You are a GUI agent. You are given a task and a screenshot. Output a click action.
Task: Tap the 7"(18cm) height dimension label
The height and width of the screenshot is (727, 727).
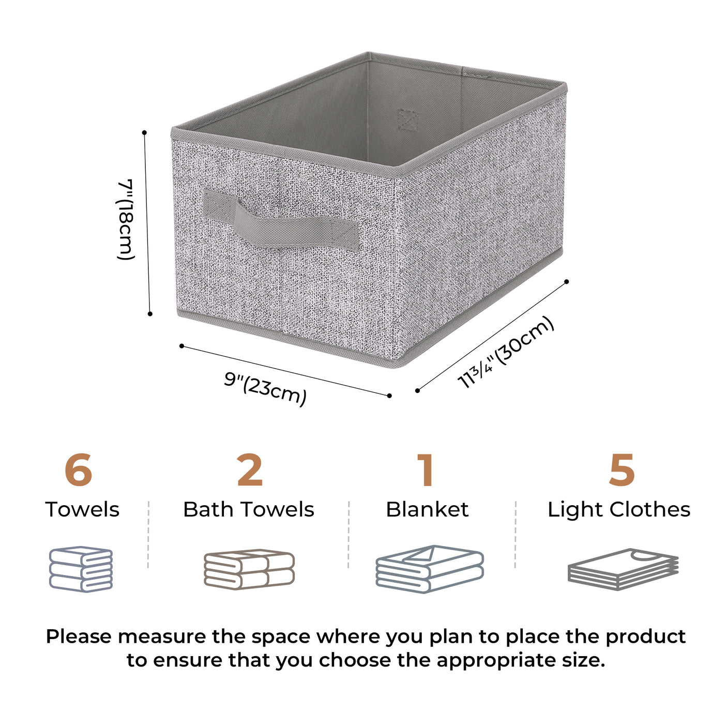(x=126, y=219)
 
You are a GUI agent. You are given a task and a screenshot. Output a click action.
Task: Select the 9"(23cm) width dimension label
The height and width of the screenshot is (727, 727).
(x=265, y=388)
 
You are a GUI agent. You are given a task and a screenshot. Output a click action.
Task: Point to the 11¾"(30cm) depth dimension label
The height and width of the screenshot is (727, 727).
(x=506, y=352)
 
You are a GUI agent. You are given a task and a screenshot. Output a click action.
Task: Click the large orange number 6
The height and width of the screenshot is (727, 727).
(x=79, y=471)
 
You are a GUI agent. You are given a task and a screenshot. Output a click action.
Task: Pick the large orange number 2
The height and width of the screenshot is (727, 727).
(x=250, y=471)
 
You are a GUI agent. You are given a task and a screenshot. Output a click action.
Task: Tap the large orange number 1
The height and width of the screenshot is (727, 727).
(x=426, y=471)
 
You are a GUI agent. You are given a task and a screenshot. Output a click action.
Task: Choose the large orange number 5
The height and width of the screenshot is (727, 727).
(x=621, y=471)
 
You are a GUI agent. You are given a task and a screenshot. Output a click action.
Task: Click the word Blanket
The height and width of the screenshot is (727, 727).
(x=427, y=510)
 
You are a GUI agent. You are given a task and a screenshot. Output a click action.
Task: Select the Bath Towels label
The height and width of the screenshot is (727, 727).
(x=249, y=510)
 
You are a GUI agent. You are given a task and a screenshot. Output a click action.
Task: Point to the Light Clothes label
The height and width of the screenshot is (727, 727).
(x=619, y=510)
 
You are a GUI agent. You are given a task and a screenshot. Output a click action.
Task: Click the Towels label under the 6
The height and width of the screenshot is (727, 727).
(x=82, y=510)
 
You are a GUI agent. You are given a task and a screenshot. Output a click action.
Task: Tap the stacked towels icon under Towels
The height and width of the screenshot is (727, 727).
(x=81, y=569)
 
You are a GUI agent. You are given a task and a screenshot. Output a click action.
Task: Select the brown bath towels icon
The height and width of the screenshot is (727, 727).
(x=249, y=569)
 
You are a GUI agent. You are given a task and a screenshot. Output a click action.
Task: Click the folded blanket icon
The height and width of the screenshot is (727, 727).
(x=430, y=569)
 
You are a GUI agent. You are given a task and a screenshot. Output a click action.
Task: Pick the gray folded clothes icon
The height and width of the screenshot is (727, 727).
(x=623, y=569)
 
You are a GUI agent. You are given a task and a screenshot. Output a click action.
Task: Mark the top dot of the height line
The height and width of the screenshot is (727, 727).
(x=144, y=133)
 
